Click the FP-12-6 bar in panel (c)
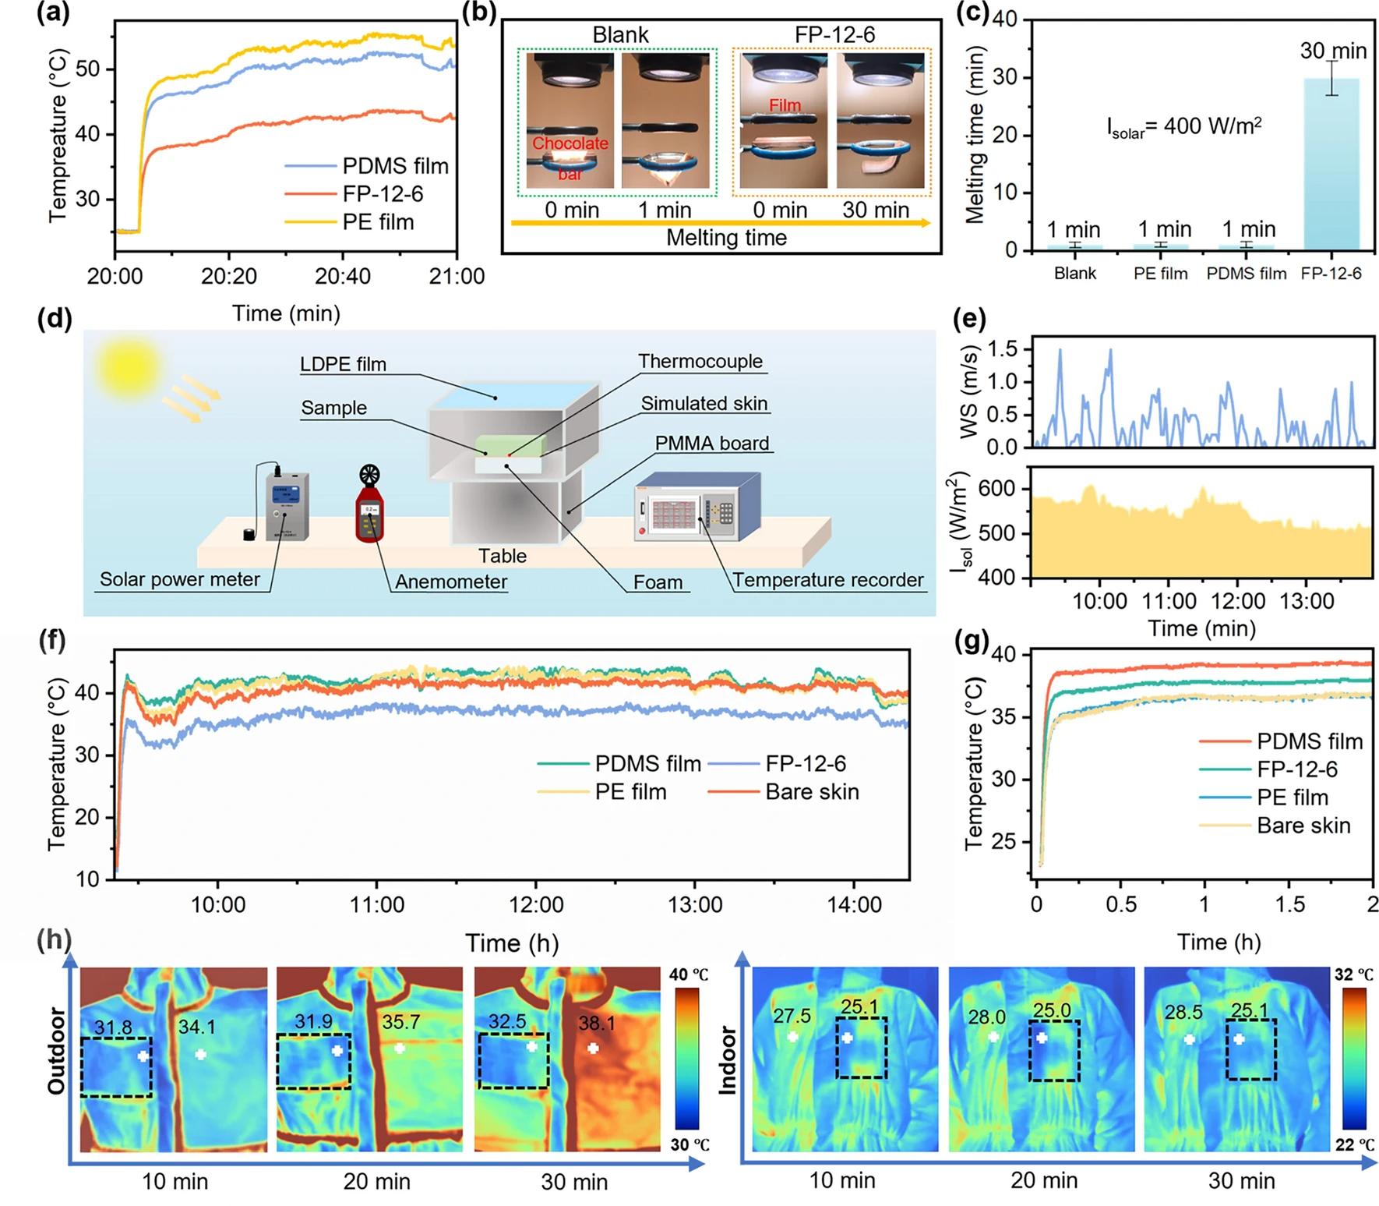coord(1331,164)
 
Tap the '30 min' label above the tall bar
coord(1333,51)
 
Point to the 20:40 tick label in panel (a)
coord(343,276)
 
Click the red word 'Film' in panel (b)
coord(785,105)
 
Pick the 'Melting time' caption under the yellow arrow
coord(726,238)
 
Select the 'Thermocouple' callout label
coord(700,361)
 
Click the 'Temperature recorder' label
coord(827,580)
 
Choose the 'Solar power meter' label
coord(179,580)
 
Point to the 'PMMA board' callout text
coord(711,443)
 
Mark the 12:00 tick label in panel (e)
coord(1238,601)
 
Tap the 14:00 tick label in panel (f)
coord(855,905)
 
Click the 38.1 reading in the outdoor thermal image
coord(596,1022)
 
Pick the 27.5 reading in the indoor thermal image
coord(792,1016)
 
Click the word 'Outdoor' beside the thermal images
coord(57,1051)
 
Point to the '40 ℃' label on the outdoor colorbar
coord(689,974)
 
